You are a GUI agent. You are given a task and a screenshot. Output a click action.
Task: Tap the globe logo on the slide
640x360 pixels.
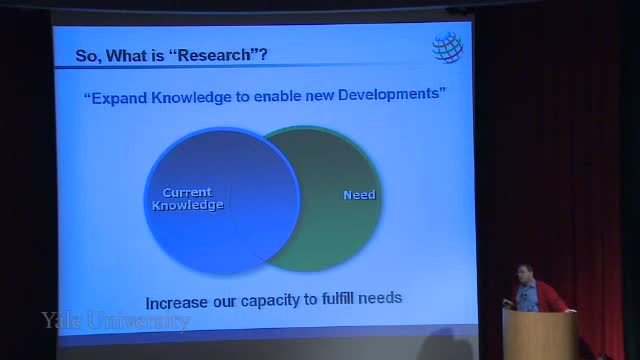pyautogui.click(x=447, y=47)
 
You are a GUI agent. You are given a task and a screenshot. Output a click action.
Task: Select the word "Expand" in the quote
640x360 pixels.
pyautogui.click(x=119, y=98)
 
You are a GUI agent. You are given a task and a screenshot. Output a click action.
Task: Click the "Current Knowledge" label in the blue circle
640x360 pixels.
pyautogui.click(x=188, y=199)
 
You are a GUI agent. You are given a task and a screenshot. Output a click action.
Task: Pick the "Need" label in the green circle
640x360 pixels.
pyautogui.click(x=359, y=195)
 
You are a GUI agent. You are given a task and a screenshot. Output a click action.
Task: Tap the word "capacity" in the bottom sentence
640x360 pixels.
pyautogui.click(x=270, y=301)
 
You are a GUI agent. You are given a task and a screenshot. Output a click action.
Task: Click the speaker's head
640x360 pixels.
pyautogui.click(x=525, y=274)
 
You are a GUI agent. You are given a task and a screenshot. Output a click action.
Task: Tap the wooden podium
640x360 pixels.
pyautogui.click(x=541, y=335)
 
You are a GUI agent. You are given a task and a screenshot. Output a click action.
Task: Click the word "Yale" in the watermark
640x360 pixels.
pyautogui.click(x=60, y=320)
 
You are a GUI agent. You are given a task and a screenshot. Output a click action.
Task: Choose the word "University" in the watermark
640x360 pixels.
pyautogui.click(x=138, y=321)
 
